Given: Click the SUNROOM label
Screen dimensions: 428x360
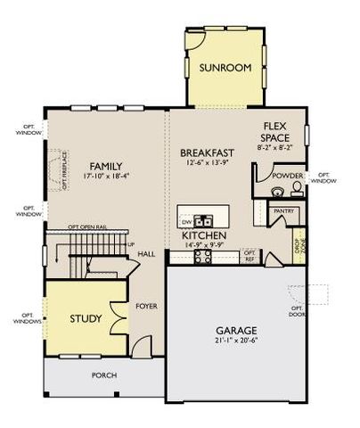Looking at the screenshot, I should [225, 68].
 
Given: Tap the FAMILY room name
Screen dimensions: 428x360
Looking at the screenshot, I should [105, 166].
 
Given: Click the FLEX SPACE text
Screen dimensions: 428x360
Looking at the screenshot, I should [274, 133].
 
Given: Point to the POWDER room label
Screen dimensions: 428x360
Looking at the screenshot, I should [287, 176].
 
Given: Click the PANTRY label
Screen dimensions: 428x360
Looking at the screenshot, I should [284, 211].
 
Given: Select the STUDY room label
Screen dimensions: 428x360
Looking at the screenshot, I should [86, 318].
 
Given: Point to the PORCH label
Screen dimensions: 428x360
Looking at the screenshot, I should [104, 375].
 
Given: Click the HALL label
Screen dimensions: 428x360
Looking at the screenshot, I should [146, 254].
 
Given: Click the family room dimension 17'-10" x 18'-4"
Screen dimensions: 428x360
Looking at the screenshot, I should [105, 177].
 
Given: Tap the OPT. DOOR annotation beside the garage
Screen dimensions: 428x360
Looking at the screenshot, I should [296, 312].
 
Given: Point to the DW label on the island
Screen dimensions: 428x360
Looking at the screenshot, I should [186, 219].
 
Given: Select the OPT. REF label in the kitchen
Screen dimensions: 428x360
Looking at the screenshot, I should [250, 256].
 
